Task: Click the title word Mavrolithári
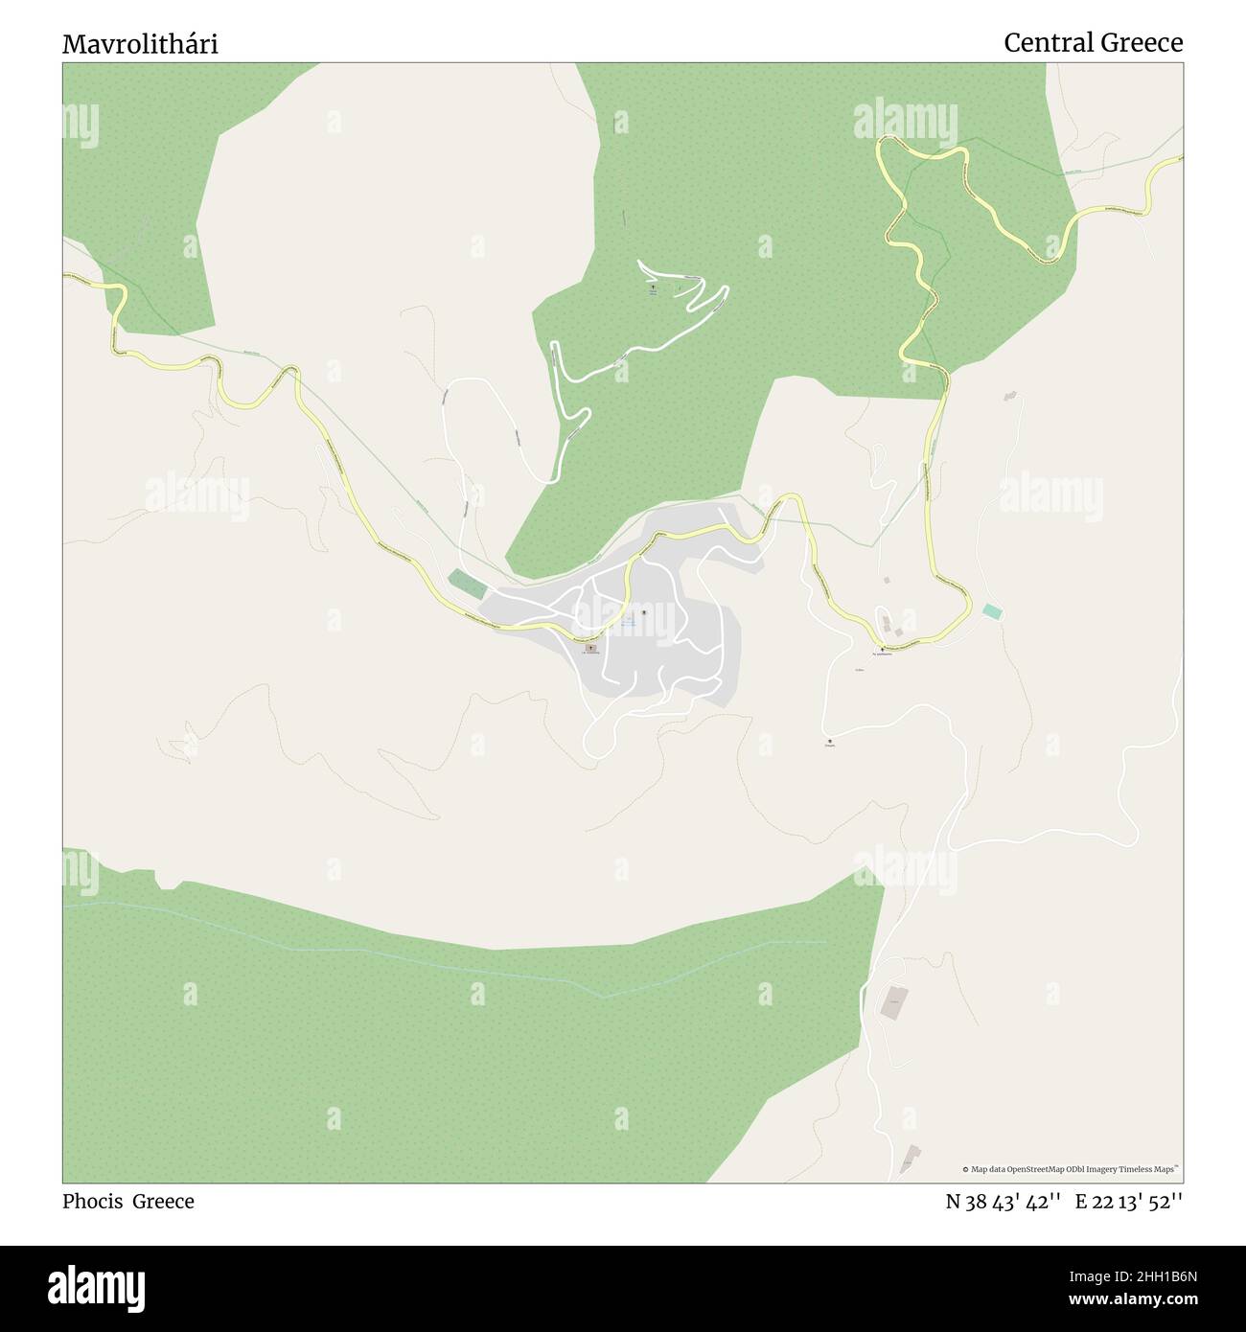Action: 140,44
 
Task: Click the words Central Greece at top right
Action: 1093,43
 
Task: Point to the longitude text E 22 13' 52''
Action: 1128,1202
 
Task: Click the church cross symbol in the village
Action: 589,648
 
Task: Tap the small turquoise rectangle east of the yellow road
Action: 992,610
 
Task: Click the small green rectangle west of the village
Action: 468,583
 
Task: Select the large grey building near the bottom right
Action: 894,1002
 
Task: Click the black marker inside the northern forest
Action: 654,286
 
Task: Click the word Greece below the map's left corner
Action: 163,1202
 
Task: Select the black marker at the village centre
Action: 644,612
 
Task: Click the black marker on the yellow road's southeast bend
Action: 882,649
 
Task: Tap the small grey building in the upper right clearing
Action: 1008,396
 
